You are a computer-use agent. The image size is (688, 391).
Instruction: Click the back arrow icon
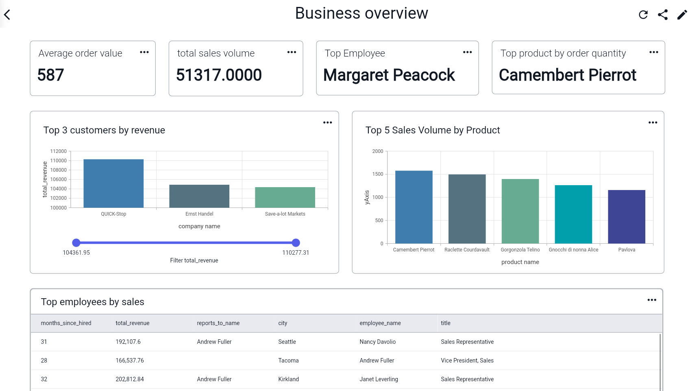point(7,15)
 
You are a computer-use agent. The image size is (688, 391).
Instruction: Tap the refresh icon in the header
point(643,15)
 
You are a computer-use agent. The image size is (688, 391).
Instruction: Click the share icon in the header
point(663,15)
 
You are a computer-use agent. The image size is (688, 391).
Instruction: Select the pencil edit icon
point(682,15)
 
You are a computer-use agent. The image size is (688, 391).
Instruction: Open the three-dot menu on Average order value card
point(144,52)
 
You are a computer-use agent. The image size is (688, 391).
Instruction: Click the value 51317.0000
point(219,75)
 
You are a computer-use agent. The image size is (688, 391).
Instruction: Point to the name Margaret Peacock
point(389,75)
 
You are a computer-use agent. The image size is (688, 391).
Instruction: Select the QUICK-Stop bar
point(113,183)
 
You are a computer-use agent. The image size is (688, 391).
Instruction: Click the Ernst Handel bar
point(199,196)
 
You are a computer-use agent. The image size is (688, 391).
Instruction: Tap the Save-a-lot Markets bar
point(285,197)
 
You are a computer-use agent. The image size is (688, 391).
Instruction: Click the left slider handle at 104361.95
point(76,243)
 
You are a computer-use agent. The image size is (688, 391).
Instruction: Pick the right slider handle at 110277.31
point(296,243)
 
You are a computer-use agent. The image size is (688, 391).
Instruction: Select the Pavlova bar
point(626,216)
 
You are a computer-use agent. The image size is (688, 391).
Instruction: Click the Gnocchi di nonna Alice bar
point(573,214)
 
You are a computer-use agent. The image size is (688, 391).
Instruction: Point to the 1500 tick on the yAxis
point(378,174)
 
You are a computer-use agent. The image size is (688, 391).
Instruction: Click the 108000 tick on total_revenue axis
point(59,170)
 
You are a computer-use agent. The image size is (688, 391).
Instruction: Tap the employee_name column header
point(380,323)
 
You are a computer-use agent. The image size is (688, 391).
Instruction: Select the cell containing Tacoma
point(288,360)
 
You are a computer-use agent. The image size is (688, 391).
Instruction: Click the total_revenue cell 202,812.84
point(130,379)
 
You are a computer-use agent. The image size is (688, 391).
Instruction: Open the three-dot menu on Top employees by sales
point(652,300)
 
